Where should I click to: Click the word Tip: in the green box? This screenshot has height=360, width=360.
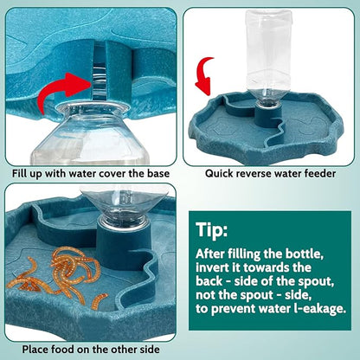click(x=214, y=231)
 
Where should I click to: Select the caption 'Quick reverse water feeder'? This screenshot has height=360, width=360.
click(x=269, y=173)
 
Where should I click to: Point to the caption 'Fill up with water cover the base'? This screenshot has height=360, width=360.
click(x=89, y=173)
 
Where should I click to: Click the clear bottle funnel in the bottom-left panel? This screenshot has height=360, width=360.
click(x=130, y=213)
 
